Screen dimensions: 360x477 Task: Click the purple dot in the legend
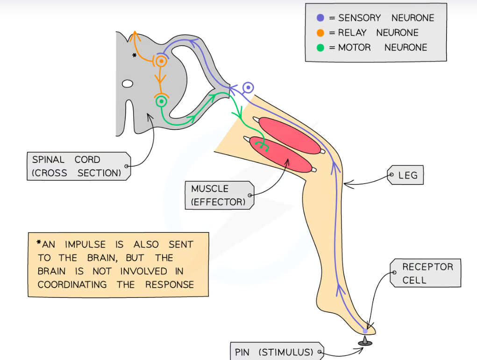click(320, 18)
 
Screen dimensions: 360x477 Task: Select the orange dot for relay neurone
click(320, 33)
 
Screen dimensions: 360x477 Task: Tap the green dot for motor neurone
click(320, 47)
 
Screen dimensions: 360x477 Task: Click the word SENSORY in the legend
click(359, 18)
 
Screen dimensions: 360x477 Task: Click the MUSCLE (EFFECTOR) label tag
click(218, 195)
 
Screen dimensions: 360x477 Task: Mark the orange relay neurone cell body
click(162, 61)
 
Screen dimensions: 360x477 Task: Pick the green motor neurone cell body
click(162, 101)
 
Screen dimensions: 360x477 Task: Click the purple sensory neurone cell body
click(249, 87)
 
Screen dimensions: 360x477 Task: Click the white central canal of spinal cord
click(127, 84)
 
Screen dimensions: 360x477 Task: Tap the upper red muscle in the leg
click(289, 135)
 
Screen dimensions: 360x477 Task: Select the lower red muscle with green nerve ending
click(280, 155)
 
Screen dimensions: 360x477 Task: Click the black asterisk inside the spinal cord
click(135, 56)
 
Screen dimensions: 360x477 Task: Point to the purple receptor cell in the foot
click(365, 331)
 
